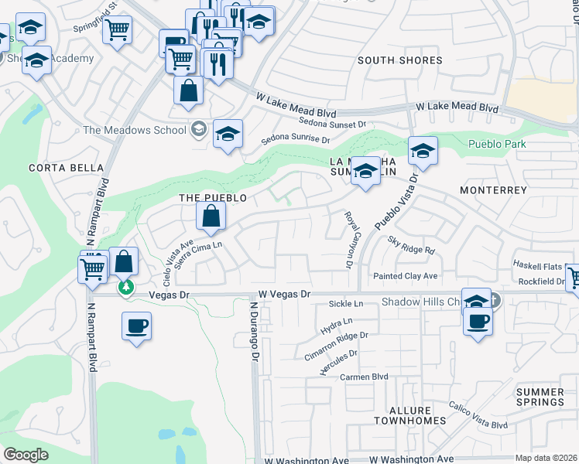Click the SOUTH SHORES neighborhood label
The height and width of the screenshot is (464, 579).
400,60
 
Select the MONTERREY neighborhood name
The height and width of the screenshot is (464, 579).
493,189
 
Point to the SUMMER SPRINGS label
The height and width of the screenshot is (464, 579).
540,397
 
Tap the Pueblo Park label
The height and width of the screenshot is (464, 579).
497,144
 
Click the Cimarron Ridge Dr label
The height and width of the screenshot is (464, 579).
336,340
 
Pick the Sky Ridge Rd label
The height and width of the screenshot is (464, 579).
412,245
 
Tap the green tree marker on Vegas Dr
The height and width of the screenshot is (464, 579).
125,288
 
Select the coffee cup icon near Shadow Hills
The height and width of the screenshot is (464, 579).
478,320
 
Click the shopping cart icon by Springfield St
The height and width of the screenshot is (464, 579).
117,30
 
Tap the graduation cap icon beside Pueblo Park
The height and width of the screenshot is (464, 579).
423,152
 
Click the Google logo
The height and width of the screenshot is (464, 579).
26,455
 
